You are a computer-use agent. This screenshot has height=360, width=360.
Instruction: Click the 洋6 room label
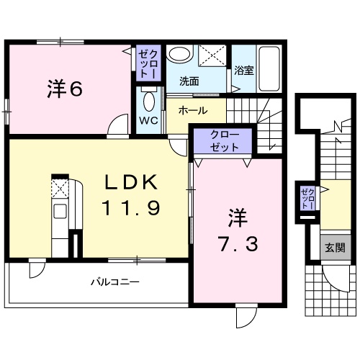tap(64, 89)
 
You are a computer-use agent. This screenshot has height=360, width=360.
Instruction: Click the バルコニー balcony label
tap(114, 283)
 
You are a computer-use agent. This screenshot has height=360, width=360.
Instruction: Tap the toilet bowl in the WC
tap(150, 102)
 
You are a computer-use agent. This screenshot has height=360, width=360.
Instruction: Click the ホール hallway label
tap(192, 110)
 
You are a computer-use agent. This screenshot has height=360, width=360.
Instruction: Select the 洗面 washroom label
tap(189, 81)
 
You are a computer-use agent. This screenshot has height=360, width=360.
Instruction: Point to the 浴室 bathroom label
tap(243, 71)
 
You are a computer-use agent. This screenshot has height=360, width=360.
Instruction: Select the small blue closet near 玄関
tap(307, 197)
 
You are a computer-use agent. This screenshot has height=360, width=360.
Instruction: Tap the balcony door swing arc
tap(34, 272)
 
